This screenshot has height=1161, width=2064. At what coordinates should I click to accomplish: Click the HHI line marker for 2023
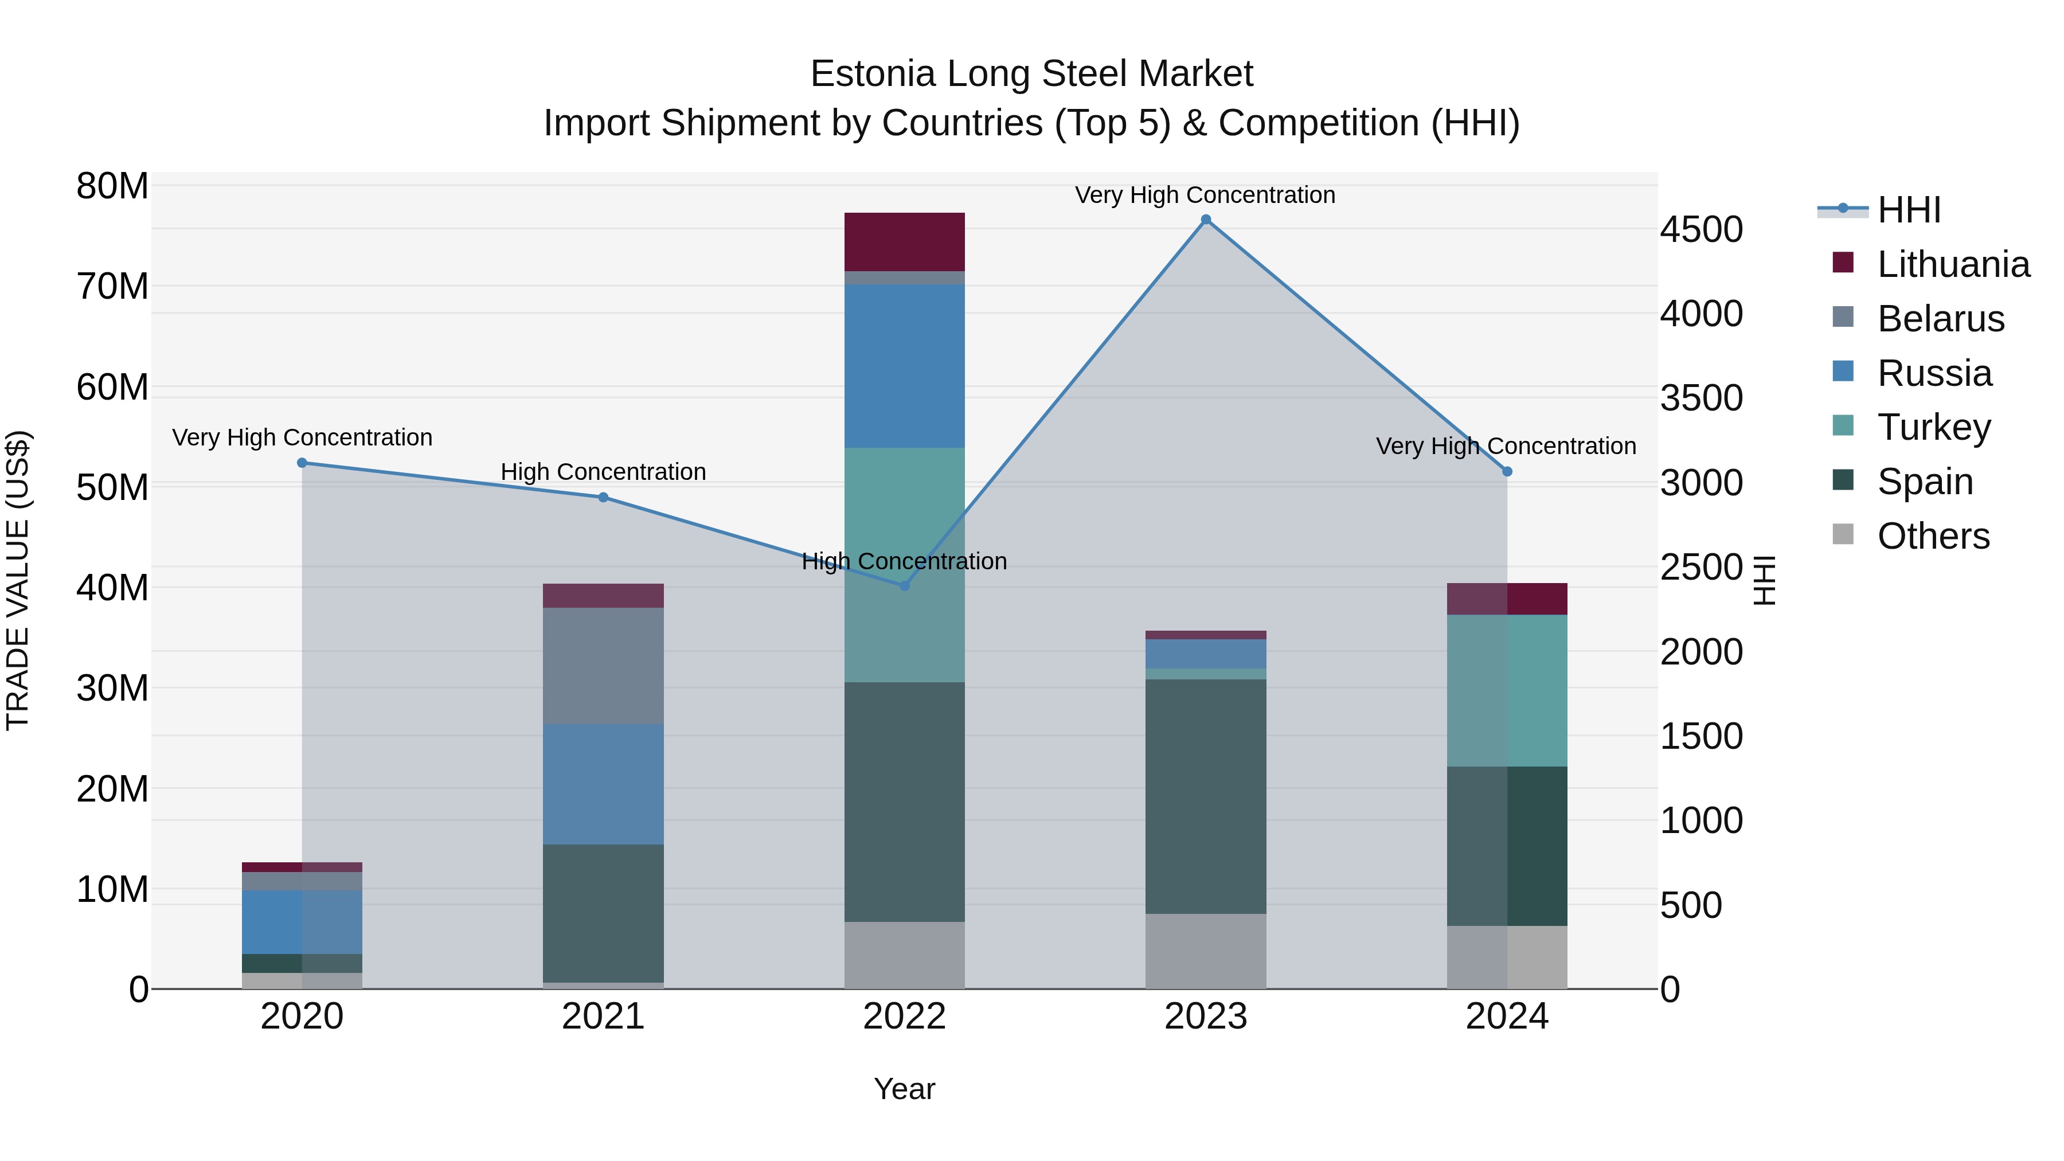[1206, 220]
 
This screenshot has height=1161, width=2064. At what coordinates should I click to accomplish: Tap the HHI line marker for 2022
[905, 586]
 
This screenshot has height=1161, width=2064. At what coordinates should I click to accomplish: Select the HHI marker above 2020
[302, 463]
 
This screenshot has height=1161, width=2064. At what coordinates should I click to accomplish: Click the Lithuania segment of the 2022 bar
[905, 242]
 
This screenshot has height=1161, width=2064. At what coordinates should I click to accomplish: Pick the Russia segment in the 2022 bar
[905, 366]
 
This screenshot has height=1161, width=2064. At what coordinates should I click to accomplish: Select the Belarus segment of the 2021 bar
[603, 666]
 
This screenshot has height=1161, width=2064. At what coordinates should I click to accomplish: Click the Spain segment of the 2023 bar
[1206, 796]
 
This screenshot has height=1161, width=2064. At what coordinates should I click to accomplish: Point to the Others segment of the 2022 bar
[905, 955]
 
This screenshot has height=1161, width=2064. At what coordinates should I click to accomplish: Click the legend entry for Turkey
[1933, 427]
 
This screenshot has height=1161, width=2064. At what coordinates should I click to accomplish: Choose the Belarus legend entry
[1940, 319]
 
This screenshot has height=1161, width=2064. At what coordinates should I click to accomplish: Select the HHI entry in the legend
[1909, 210]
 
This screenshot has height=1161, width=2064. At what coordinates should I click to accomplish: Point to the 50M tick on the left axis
[112, 487]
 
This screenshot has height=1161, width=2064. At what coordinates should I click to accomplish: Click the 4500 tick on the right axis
[1701, 230]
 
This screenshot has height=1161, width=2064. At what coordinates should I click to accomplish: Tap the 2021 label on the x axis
[603, 1017]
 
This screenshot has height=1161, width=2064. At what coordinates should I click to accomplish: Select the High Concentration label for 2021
[603, 472]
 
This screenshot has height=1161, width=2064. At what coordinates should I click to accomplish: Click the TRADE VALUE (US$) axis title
[18, 580]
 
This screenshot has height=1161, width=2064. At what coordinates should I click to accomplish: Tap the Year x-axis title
[905, 1089]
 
